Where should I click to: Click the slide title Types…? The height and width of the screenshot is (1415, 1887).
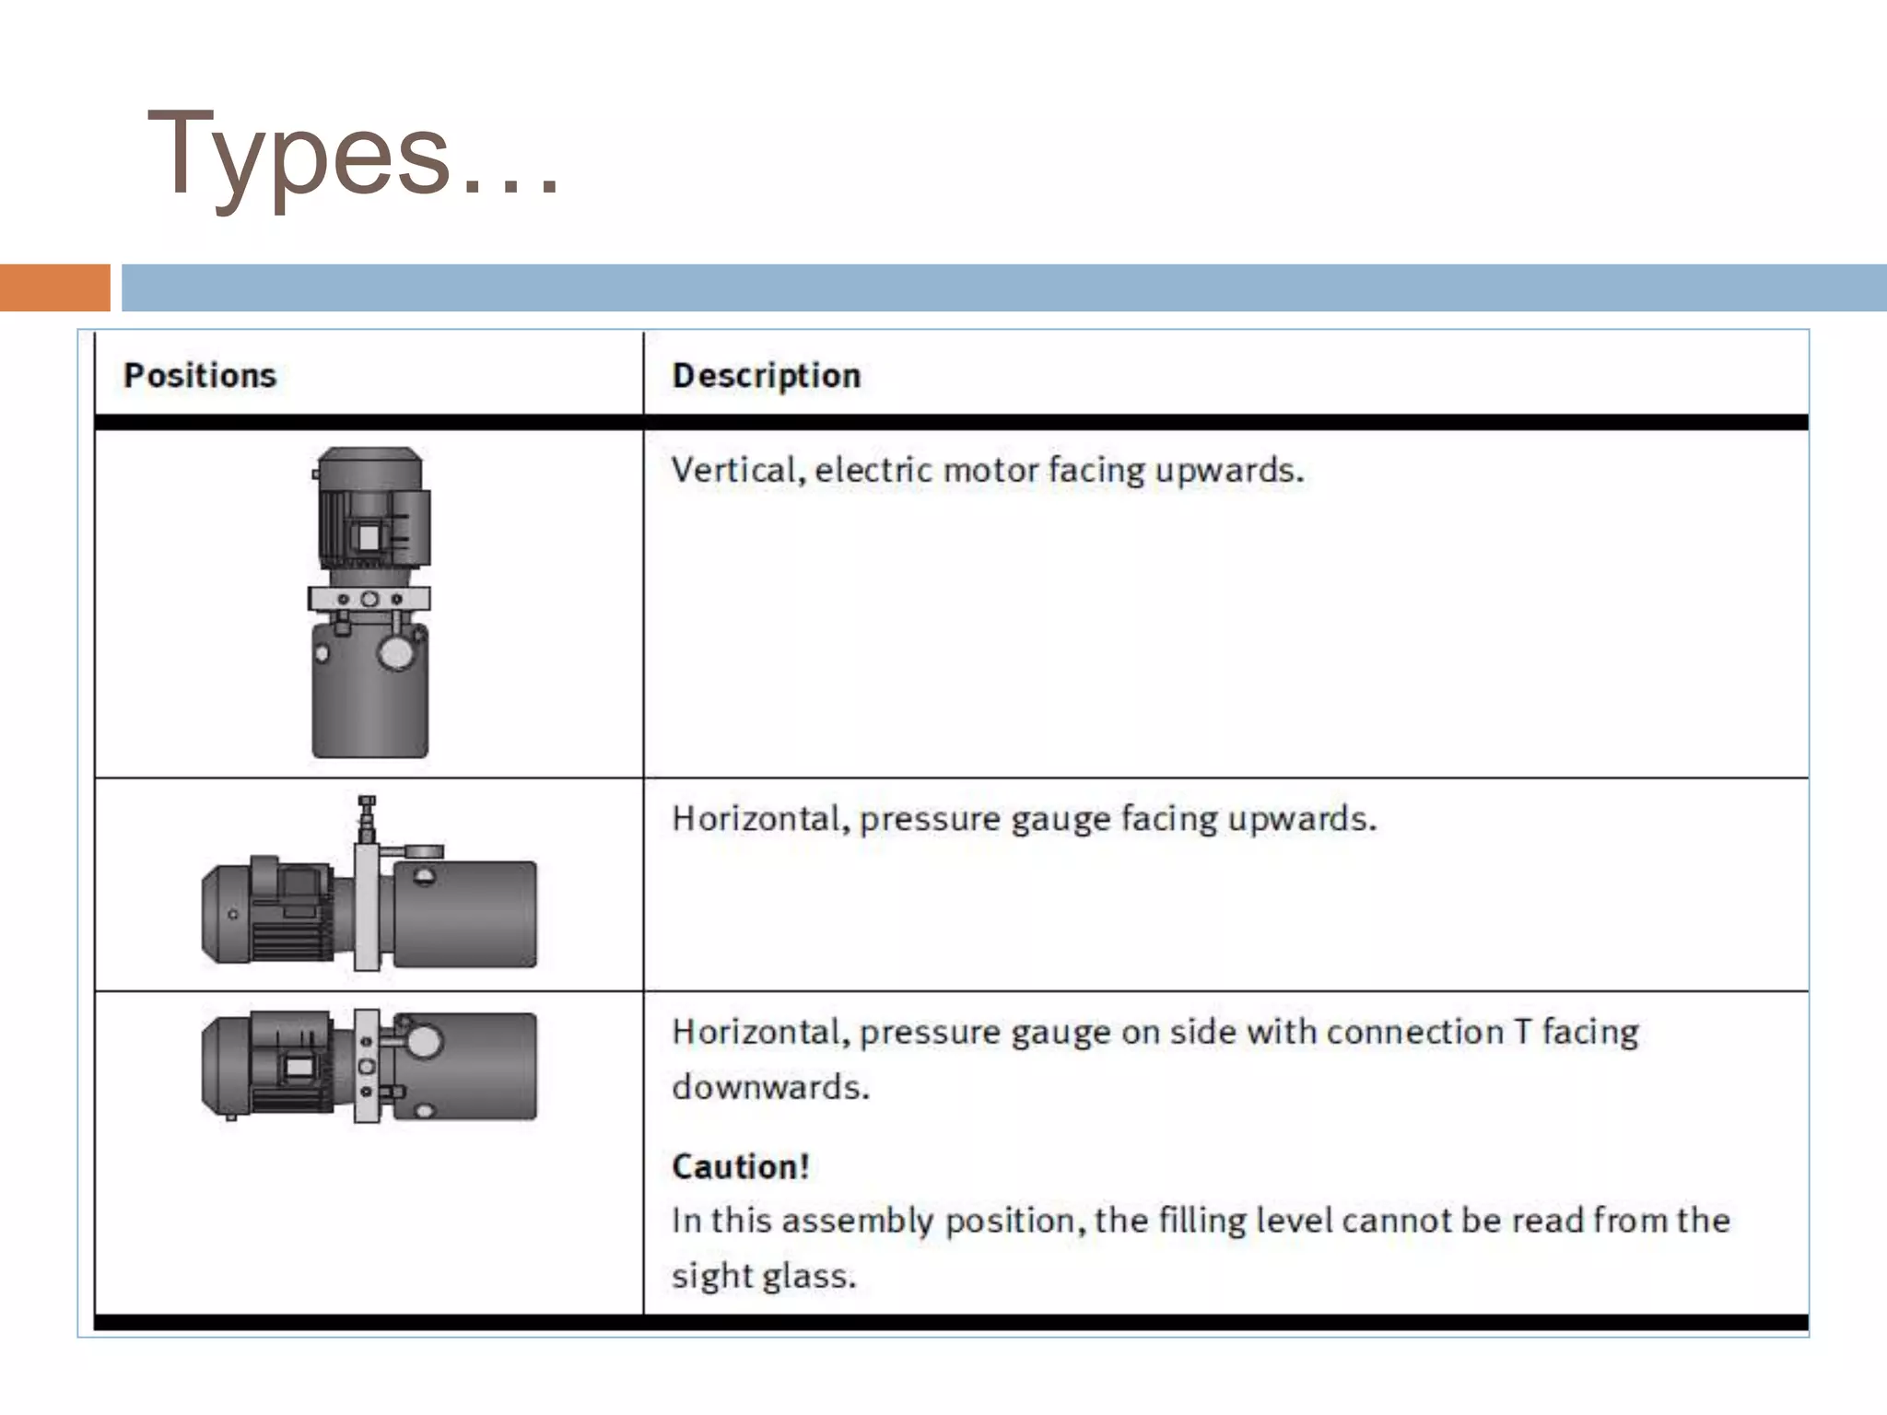[x=353, y=155]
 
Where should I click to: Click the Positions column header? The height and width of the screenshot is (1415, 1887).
[x=200, y=376]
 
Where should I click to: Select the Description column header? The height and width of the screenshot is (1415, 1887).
[x=766, y=376]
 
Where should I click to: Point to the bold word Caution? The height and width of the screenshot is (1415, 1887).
[x=740, y=1167]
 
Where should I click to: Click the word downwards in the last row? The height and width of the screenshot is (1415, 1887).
[x=770, y=1087]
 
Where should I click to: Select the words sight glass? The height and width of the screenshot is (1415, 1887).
[x=764, y=1276]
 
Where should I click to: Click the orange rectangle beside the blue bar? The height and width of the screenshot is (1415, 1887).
[x=54, y=287]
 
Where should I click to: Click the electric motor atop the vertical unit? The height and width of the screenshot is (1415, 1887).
[x=370, y=511]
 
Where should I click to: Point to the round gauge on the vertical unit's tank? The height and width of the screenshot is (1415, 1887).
[x=397, y=653]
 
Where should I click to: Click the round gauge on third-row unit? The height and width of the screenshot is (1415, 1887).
[x=423, y=1042]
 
